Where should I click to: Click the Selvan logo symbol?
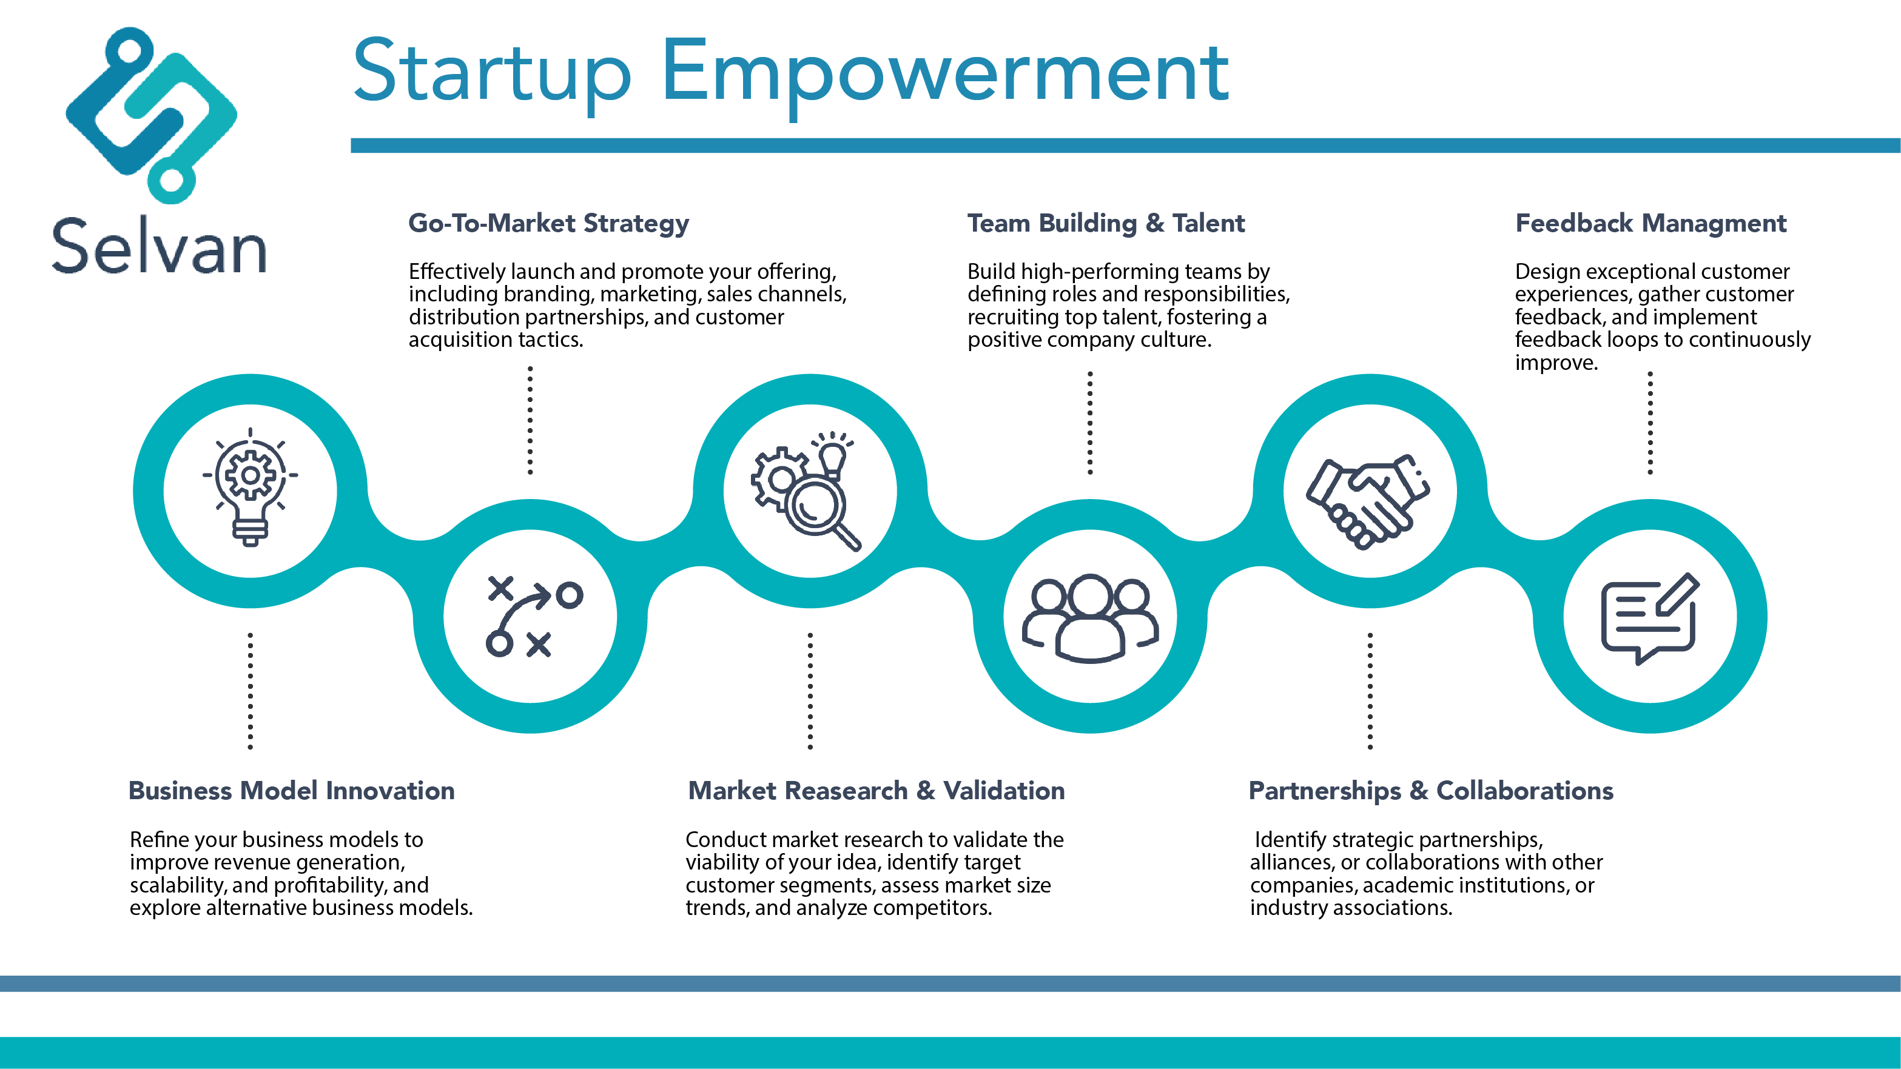[151, 116]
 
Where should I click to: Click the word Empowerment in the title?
[944, 74]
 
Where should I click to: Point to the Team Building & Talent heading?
[1105, 223]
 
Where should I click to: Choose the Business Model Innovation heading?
[292, 790]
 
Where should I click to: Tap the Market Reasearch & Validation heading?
[876, 790]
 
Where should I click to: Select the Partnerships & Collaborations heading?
[1431, 790]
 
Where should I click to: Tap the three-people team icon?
[1090, 618]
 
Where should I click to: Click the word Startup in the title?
[492, 74]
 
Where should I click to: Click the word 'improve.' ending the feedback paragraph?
[1556, 362]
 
